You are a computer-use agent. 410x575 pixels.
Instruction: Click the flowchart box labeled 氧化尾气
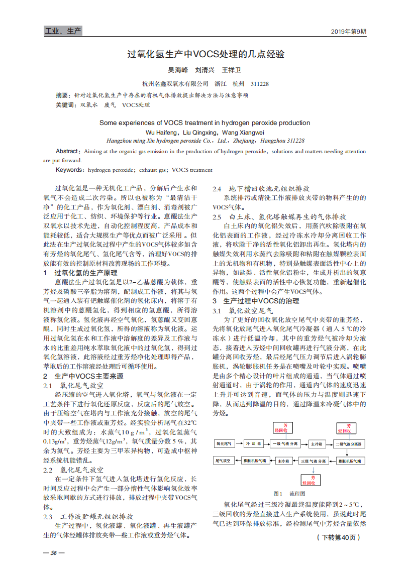pyautogui.click(x=224, y=444)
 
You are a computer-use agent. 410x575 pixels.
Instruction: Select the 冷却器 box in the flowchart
pyautogui.click(x=254, y=444)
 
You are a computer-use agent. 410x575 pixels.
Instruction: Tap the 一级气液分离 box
pyautogui.click(x=285, y=444)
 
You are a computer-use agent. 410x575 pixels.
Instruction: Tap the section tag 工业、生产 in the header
pyautogui.click(x=63, y=32)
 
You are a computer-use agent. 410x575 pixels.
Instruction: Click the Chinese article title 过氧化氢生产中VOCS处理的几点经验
pyautogui.click(x=205, y=54)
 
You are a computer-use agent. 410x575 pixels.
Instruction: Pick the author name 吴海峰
pyautogui.click(x=177, y=70)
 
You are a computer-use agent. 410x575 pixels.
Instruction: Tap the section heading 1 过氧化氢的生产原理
pyautogui.click(x=83, y=273)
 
